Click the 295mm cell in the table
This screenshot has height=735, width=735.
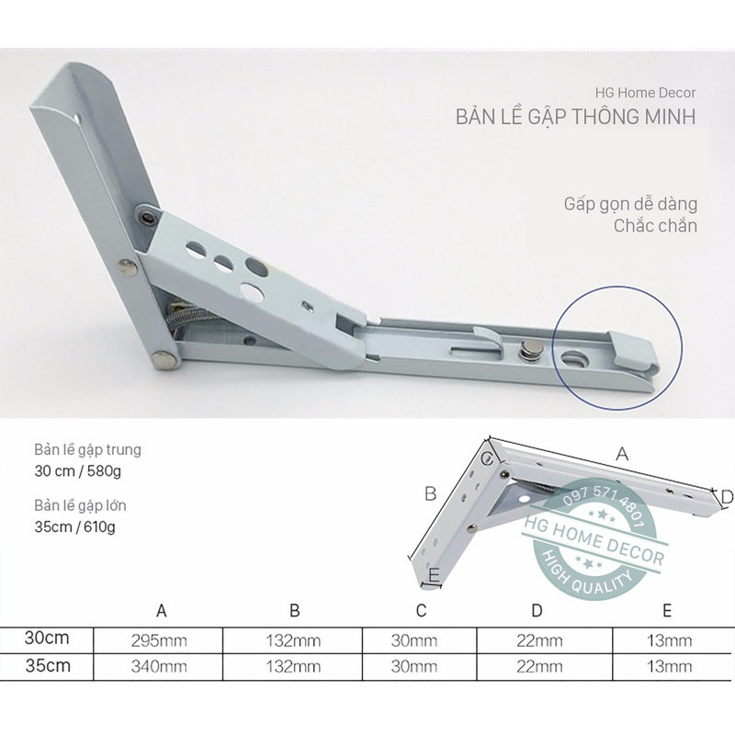click(x=162, y=639)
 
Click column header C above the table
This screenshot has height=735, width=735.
click(x=421, y=610)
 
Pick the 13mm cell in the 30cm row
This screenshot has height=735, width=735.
click(x=669, y=639)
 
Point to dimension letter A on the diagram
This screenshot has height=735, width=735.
click(x=622, y=453)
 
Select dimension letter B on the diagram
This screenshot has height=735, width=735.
click(x=429, y=493)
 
